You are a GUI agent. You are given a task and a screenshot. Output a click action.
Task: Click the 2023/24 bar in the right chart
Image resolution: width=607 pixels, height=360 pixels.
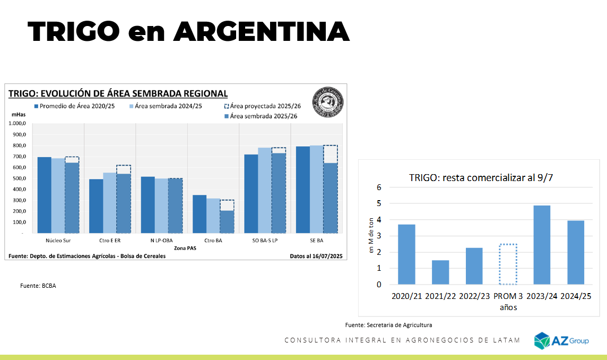542,245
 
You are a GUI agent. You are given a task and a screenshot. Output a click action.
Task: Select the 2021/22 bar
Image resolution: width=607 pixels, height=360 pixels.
440,272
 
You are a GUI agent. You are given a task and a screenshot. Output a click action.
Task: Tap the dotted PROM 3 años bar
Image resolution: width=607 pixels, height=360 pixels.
508,264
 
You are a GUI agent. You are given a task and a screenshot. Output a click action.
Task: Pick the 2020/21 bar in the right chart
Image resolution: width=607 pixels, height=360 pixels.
406,254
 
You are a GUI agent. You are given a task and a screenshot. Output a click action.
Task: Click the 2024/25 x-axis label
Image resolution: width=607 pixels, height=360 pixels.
575,296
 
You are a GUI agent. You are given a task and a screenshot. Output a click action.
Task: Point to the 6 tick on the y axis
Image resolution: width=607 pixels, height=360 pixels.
379,187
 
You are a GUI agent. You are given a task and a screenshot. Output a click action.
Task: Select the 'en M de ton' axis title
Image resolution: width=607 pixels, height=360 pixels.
371,236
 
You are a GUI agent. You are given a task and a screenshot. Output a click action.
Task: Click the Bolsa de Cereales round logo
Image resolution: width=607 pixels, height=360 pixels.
327,101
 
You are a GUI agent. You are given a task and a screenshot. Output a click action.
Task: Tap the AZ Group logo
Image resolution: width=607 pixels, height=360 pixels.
561,340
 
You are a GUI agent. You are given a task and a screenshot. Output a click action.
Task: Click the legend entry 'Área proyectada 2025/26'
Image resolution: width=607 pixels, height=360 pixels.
263,106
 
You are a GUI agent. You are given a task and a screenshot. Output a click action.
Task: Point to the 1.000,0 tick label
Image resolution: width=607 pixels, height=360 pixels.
18,123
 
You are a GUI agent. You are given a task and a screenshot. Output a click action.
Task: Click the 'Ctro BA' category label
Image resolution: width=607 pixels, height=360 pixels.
213,241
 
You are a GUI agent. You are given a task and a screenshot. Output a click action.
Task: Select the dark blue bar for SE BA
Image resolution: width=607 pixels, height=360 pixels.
303,190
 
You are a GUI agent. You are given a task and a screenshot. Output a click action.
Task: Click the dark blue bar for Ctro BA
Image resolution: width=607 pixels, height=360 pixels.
200,214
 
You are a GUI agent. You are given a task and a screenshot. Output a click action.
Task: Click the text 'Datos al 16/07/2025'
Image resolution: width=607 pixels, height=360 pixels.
316,256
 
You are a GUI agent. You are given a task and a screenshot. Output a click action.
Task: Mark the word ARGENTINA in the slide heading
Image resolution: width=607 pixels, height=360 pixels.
262,32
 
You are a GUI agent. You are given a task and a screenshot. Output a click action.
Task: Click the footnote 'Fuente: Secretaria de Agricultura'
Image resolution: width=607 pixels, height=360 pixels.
388,324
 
